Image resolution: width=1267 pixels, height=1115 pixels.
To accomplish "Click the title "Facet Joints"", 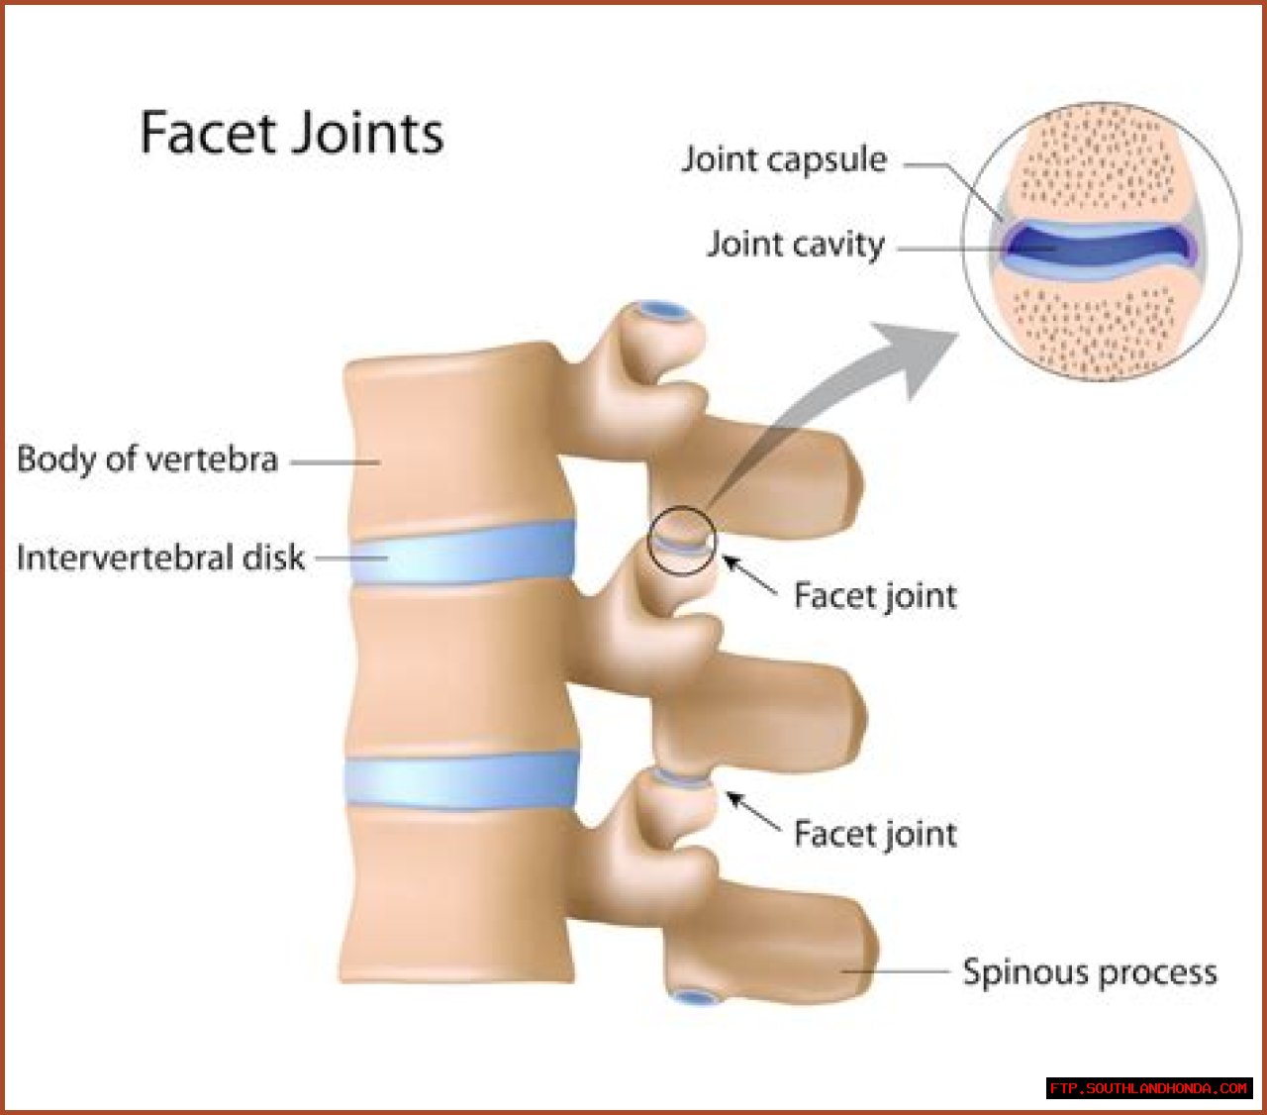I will [x=291, y=134].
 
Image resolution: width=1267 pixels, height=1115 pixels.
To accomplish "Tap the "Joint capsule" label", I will [x=783, y=159].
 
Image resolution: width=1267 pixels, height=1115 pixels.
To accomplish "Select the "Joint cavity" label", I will [x=795, y=244].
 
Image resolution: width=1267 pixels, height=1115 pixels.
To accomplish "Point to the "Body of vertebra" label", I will [x=147, y=459].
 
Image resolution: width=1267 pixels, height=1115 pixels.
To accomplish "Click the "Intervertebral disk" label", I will [x=160, y=557].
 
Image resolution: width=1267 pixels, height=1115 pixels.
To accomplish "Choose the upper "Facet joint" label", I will [x=875, y=595].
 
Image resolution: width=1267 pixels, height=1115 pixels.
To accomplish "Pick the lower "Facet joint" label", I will [x=875, y=834].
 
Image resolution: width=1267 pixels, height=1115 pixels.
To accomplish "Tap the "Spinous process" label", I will [x=1090, y=972].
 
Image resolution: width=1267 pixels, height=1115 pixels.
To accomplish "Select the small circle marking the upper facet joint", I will [x=681, y=540].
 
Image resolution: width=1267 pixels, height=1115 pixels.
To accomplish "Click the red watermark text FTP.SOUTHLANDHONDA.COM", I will [x=1148, y=1088].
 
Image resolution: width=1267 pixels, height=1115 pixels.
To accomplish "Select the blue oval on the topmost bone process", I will [x=662, y=312].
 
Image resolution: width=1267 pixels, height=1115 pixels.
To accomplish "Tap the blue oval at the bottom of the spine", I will [x=697, y=996].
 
